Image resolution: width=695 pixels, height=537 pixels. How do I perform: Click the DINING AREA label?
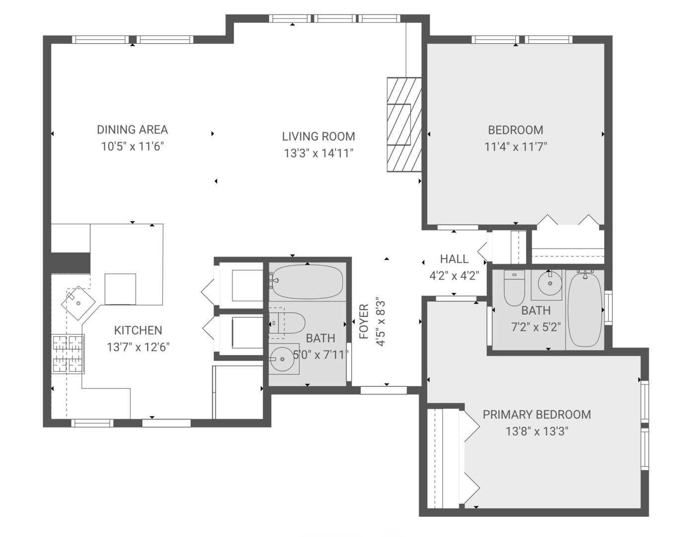tap(133, 130)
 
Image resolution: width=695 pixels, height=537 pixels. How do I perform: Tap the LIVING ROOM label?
tap(318, 137)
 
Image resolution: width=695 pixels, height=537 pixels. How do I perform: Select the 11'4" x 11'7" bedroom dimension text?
tap(516, 147)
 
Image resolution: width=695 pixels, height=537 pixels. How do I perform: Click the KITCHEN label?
tap(138, 330)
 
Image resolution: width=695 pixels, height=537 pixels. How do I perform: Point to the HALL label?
tap(454, 259)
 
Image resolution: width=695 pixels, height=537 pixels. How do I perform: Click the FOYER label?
tap(364, 321)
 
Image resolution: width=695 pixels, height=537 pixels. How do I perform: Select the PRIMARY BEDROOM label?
tap(537, 415)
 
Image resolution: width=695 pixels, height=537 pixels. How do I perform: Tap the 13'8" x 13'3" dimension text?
tap(537, 432)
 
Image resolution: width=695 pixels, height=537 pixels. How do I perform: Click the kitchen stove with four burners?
tap(68, 354)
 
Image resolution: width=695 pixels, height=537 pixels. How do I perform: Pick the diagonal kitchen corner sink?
tap(78, 303)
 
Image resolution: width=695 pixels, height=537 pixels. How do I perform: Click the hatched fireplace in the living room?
tap(404, 125)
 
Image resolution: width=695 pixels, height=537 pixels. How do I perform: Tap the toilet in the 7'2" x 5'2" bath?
tap(514, 288)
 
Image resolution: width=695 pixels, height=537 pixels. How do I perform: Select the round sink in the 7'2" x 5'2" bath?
tap(550, 283)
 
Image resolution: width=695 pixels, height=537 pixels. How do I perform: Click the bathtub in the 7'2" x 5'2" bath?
tap(585, 309)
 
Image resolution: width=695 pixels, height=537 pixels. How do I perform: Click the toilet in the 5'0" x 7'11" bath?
tap(287, 323)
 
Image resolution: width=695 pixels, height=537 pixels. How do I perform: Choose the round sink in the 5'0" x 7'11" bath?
tap(282, 359)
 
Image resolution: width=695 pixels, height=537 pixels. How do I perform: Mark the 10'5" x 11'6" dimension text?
tap(133, 147)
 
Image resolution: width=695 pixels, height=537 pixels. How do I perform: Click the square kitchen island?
tap(120, 289)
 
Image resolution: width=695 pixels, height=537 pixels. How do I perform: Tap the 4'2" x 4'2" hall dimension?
tap(454, 275)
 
